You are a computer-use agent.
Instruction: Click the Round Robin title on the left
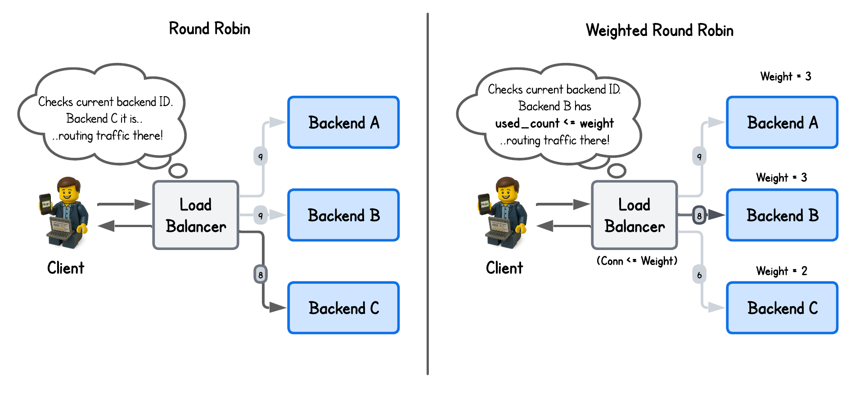209,29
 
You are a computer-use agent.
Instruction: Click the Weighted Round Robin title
659,31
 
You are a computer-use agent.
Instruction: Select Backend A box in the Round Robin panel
343,122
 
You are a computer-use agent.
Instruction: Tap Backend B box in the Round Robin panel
343,215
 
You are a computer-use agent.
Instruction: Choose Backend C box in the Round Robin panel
343,308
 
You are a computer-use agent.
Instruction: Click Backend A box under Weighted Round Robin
782,122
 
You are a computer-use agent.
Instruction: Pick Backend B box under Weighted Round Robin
782,215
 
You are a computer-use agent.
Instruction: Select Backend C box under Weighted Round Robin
782,308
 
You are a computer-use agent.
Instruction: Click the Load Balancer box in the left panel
196,215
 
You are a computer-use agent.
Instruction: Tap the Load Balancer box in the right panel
634,215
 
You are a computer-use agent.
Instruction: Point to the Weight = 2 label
782,271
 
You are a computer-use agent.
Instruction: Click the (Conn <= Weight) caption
637,261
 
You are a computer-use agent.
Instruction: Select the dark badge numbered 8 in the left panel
261,274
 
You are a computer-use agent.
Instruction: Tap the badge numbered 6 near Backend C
699,275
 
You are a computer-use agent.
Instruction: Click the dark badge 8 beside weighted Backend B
699,215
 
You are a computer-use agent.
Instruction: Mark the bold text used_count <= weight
554,123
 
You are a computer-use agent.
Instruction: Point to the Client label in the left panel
66,268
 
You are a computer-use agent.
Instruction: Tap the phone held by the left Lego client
45,204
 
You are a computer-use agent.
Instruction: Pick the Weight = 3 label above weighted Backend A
786,76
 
